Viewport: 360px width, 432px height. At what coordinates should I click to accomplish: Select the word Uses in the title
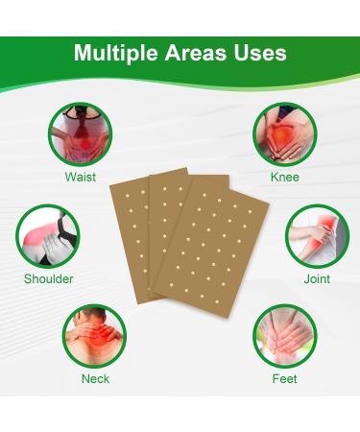tap(261, 53)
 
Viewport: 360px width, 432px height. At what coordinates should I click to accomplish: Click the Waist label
tap(80, 177)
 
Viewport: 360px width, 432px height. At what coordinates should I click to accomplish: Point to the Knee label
tap(285, 177)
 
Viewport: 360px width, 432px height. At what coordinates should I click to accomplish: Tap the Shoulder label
tap(49, 278)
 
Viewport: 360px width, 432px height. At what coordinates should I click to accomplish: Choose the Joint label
tap(317, 278)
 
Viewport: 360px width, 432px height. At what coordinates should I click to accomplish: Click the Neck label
tap(95, 378)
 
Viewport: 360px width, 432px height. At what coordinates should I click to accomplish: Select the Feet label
tap(285, 378)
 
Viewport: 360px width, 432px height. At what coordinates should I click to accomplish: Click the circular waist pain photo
tap(81, 133)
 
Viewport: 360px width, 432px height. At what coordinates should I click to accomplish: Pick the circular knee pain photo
tap(285, 133)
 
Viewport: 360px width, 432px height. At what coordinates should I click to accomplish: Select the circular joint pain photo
tap(317, 235)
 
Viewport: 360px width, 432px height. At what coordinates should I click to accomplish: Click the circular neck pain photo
tap(94, 336)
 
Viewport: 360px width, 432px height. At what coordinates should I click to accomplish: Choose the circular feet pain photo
tap(285, 336)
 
